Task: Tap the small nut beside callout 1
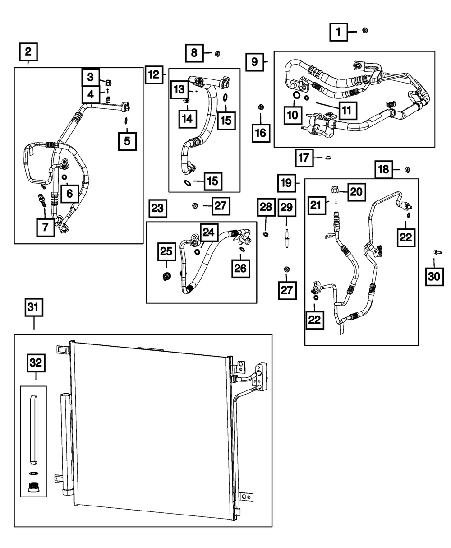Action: [365, 30]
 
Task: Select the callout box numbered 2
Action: [28, 52]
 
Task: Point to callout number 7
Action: [45, 228]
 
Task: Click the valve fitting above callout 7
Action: [42, 200]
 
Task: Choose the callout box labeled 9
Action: [255, 61]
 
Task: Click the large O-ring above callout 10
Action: [295, 95]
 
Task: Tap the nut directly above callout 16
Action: [260, 107]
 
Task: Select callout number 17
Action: [305, 158]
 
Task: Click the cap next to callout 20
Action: [335, 189]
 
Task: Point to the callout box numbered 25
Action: [166, 251]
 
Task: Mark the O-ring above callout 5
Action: [127, 120]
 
